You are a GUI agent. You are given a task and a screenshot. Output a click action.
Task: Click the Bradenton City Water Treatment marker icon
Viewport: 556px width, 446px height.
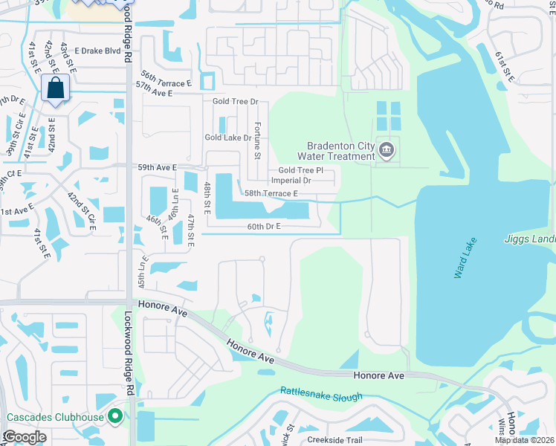pyautogui.click(x=387, y=151)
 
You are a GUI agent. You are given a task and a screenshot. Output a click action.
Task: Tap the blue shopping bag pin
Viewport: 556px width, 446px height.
pyautogui.click(x=56, y=89)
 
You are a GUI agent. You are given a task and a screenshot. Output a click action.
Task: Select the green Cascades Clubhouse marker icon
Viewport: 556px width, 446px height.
pyautogui.click(x=114, y=417)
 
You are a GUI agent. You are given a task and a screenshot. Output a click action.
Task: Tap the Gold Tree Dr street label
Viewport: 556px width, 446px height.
pyautogui.click(x=235, y=101)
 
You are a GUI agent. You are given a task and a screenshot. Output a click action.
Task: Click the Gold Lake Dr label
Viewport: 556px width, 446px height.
pyautogui.click(x=228, y=138)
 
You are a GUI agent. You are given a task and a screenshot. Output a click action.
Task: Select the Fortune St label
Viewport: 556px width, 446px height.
pyautogui.click(x=258, y=140)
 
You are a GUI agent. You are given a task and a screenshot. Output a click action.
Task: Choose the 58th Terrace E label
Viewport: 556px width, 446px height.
pyautogui.click(x=272, y=193)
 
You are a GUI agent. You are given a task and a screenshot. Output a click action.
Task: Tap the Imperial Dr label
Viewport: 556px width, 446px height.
pyautogui.click(x=290, y=181)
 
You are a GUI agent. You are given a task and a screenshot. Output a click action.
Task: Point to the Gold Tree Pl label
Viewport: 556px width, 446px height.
pyautogui.click(x=301, y=171)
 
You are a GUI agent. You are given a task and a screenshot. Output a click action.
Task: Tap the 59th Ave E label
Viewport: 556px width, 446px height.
pyautogui.click(x=157, y=168)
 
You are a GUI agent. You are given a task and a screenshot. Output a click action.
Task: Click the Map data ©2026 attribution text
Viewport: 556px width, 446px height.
pyautogui.click(x=525, y=440)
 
